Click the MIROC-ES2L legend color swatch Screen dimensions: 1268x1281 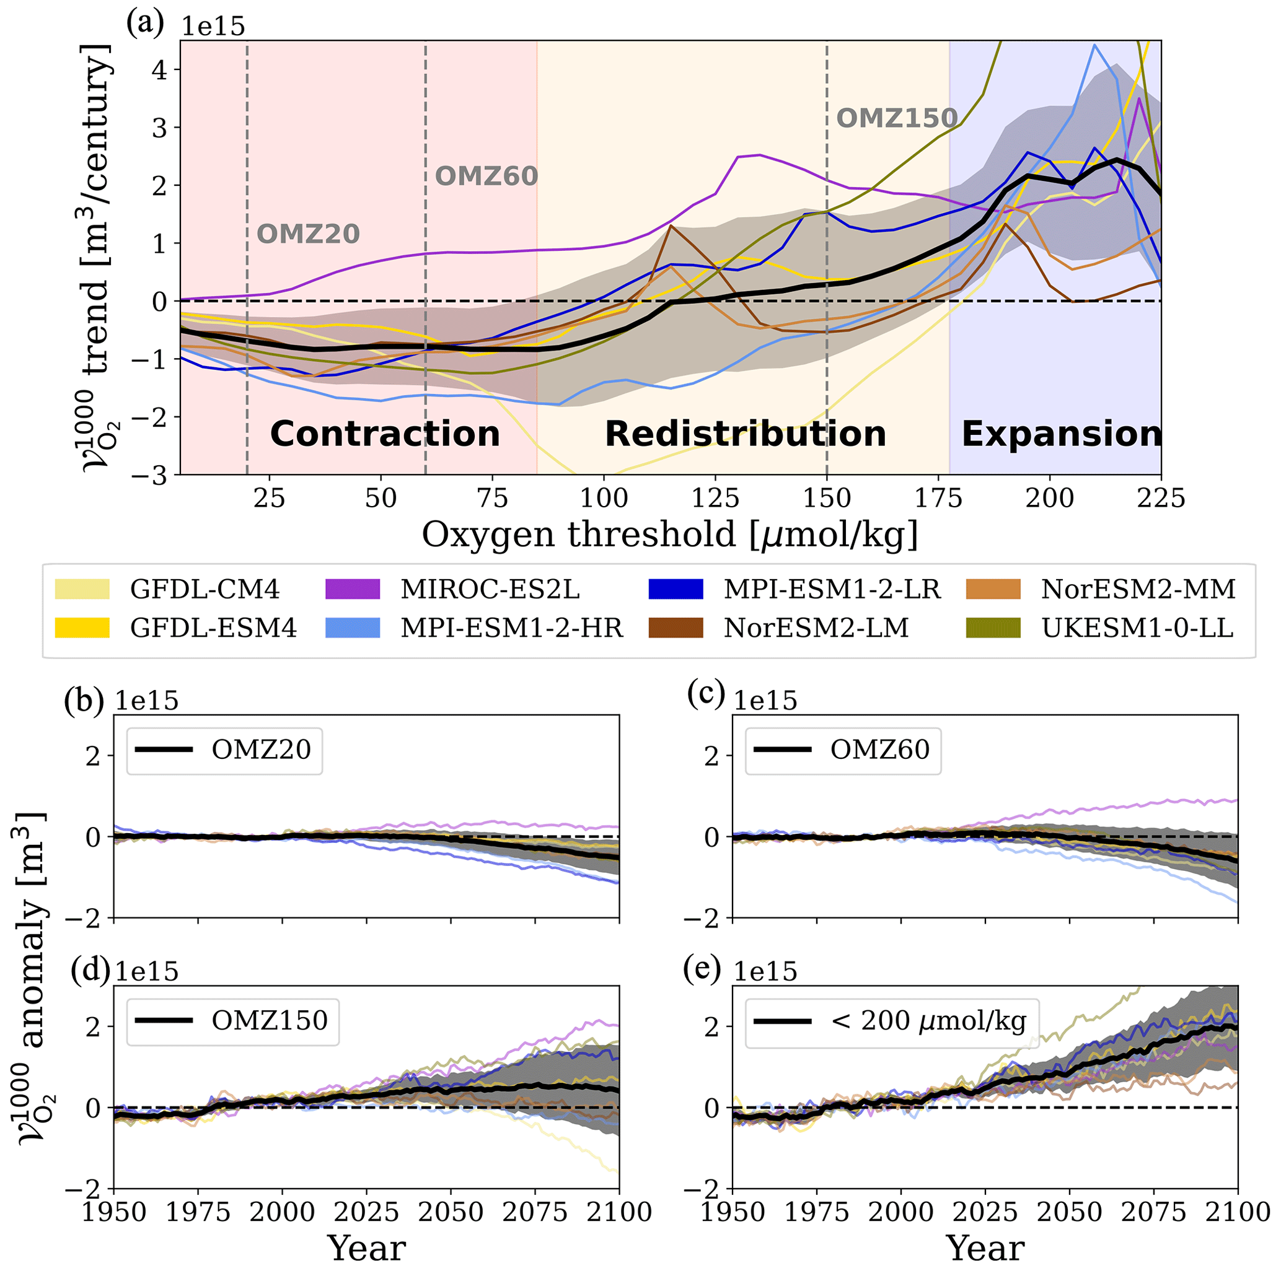click(x=353, y=589)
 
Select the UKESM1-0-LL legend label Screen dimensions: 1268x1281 click(x=1138, y=627)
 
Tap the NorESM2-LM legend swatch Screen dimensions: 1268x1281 click(x=676, y=627)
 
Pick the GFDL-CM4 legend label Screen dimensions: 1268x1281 click(x=205, y=589)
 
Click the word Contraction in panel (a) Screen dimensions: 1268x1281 click(x=385, y=434)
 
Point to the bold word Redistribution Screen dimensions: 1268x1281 click(x=746, y=434)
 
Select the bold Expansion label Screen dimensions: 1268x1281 click(x=1062, y=434)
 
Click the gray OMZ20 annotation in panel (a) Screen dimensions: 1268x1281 click(x=308, y=234)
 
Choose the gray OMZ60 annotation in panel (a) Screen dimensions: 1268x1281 click(x=486, y=177)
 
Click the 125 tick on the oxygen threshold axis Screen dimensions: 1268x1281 click(x=715, y=499)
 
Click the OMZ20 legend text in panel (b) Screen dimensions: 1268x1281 click(x=262, y=750)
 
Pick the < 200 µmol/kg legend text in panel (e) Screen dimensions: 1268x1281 click(x=928, y=1020)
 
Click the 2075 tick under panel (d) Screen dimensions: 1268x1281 click(x=535, y=1212)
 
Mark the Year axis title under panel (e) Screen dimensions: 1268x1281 click(x=985, y=1248)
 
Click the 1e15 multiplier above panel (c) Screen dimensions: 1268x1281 click(x=765, y=701)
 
